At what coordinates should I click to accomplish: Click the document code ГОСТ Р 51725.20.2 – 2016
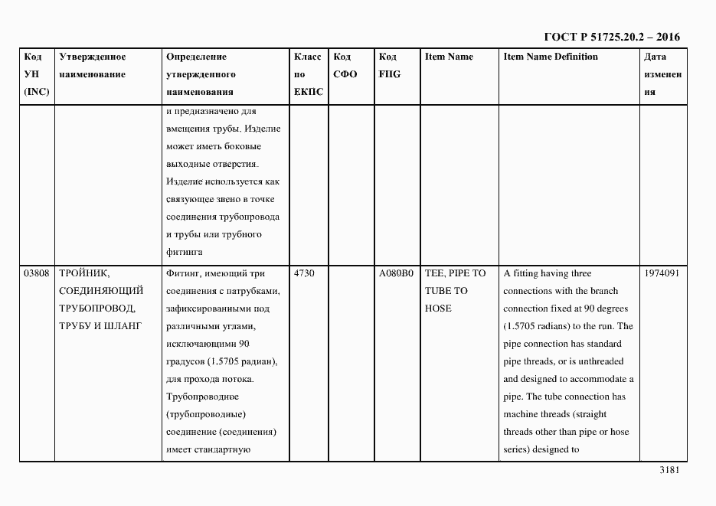[611, 37]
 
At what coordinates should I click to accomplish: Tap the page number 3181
[669, 470]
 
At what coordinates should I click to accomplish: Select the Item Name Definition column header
[551, 57]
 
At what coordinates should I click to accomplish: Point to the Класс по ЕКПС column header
[309, 74]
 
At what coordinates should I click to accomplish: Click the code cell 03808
[37, 273]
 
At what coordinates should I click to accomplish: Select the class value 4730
[304, 273]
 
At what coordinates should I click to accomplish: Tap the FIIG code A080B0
[396, 273]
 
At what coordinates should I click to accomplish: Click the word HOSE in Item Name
[438, 308]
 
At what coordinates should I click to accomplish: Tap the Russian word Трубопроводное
[203, 397]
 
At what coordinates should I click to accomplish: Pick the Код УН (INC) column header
[36, 74]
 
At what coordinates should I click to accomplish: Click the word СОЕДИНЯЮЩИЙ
[101, 291]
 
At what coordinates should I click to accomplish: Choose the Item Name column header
[449, 57]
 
